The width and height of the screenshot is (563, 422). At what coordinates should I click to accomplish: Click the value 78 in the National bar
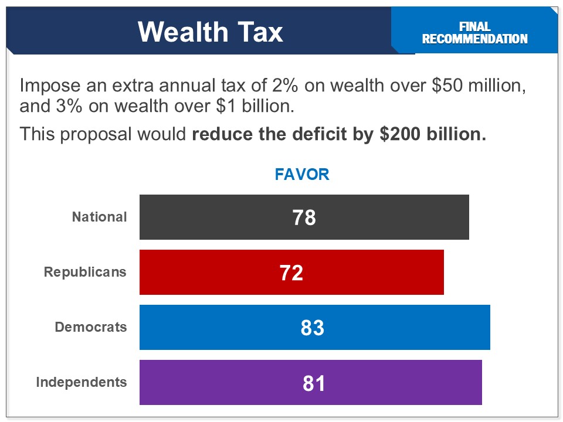[304, 217]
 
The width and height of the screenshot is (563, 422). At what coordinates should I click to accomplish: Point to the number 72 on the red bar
[291, 273]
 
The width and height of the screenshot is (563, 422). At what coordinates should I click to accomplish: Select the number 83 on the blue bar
[312, 328]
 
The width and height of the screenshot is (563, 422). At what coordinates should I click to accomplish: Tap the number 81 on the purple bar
[314, 383]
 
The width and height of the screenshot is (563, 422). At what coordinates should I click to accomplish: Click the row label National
[99, 217]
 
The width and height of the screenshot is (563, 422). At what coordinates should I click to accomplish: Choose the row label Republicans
[85, 272]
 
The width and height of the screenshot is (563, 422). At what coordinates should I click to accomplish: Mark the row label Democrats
[90, 327]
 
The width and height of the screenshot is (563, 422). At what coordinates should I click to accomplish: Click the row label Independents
[81, 382]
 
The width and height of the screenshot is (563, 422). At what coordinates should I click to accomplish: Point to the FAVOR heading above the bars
[302, 174]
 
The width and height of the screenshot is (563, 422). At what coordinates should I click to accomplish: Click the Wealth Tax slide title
[211, 32]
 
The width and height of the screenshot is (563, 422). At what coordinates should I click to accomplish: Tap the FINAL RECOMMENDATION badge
[474, 33]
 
